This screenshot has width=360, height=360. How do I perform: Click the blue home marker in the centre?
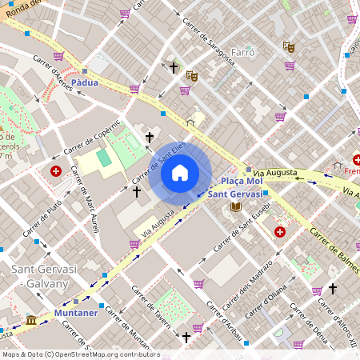pos(180,172)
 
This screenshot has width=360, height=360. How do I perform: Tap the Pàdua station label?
pos(85,82)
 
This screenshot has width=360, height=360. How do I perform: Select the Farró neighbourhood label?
pos(242,53)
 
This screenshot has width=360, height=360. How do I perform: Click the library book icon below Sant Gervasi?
pos(235,207)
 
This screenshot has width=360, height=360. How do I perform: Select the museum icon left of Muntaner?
pos(31,321)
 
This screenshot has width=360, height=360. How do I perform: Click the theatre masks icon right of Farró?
pos(289,47)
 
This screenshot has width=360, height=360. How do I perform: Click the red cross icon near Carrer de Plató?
pos(56,171)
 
